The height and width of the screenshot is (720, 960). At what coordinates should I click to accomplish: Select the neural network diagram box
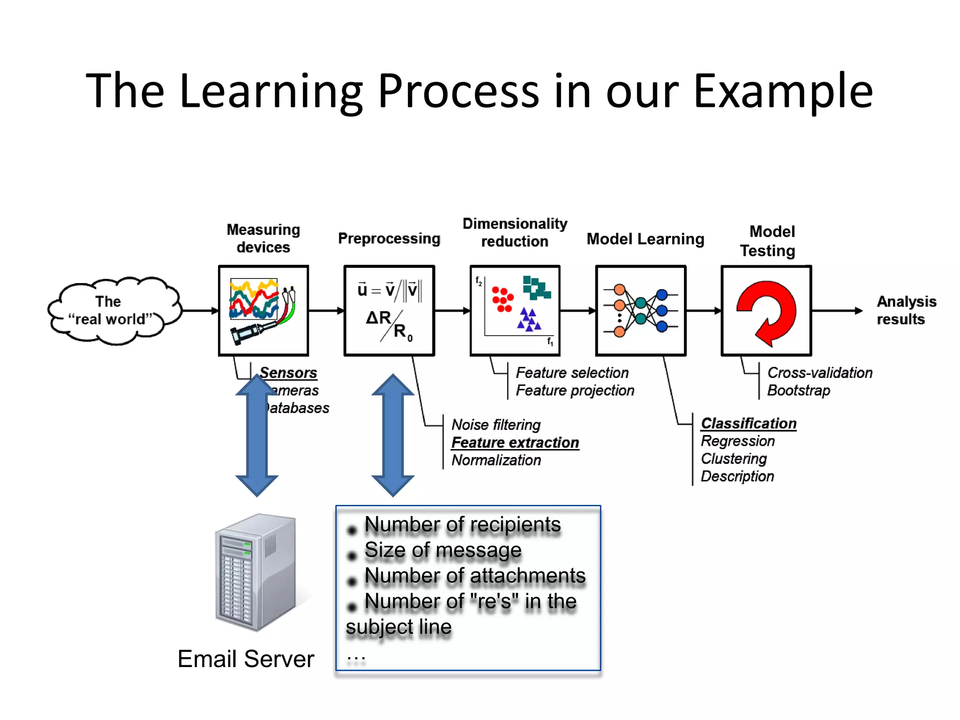[x=641, y=311]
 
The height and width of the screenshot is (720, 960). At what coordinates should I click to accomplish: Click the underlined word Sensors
[x=288, y=373]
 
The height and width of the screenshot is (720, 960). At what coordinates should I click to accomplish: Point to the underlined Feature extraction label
[x=515, y=442]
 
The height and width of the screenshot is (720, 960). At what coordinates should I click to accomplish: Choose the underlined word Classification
[x=749, y=423]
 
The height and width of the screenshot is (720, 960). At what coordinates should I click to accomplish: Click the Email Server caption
[x=246, y=659]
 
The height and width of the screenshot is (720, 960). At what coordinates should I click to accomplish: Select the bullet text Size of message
[x=443, y=550]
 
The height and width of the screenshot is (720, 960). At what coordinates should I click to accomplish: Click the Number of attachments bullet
[x=475, y=576]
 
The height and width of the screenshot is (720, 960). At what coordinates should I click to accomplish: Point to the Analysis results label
[x=906, y=310]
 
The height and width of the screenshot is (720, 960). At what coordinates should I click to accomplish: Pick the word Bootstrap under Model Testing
[x=798, y=390]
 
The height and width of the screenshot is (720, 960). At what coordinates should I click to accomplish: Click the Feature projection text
[x=575, y=390]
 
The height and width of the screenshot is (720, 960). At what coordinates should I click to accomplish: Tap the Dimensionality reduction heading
[x=515, y=232]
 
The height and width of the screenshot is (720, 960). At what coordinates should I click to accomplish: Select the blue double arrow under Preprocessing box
[x=393, y=435]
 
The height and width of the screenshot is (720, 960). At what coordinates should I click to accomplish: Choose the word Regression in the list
[x=738, y=441]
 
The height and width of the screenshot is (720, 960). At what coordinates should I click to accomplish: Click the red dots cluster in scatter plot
[x=502, y=299]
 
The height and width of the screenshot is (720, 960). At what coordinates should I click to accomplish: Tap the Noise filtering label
[x=496, y=425]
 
